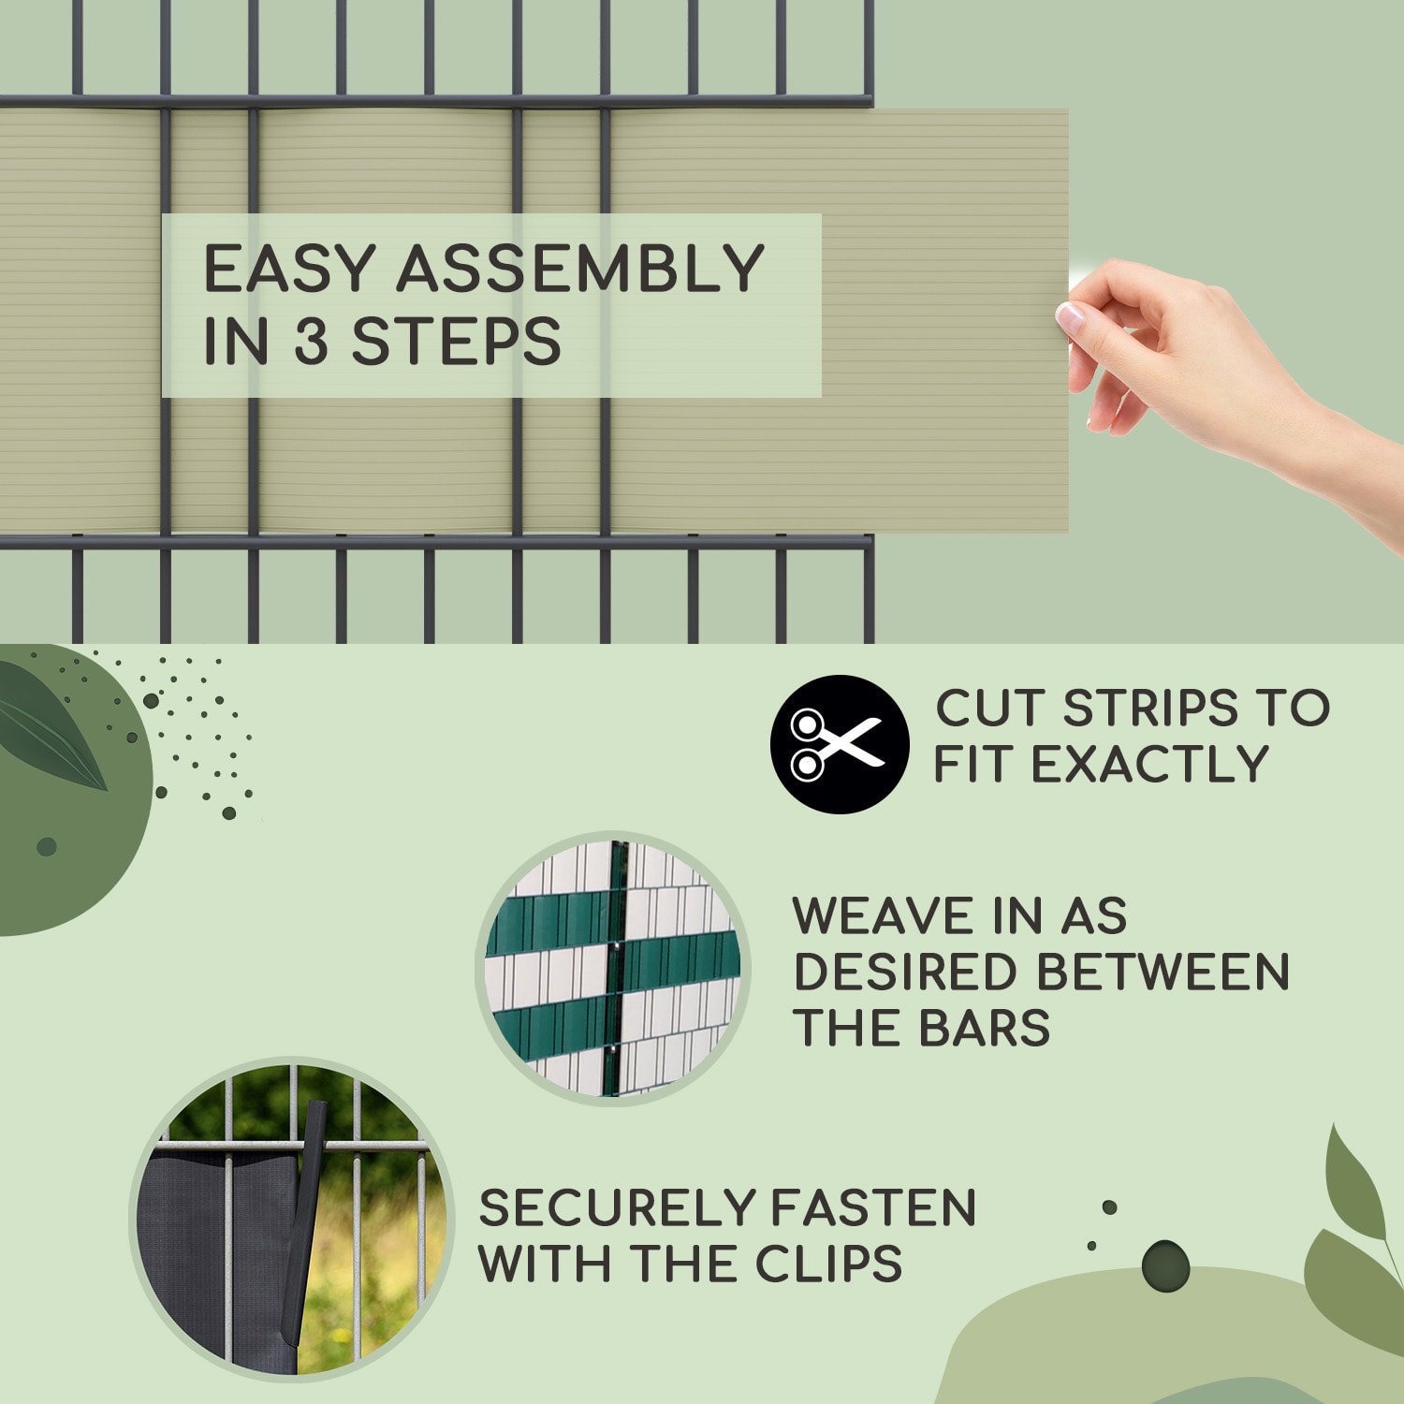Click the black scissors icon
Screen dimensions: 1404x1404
point(840,744)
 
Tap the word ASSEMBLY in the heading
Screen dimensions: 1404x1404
point(580,269)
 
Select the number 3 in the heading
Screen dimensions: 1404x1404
point(312,341)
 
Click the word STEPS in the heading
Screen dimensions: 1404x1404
point(456,341)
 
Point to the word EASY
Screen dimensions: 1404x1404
point(290,269)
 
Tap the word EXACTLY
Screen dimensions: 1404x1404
point(1150,764)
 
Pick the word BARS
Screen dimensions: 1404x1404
point(985,1028)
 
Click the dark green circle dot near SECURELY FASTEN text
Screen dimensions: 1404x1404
point(1165,1266)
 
